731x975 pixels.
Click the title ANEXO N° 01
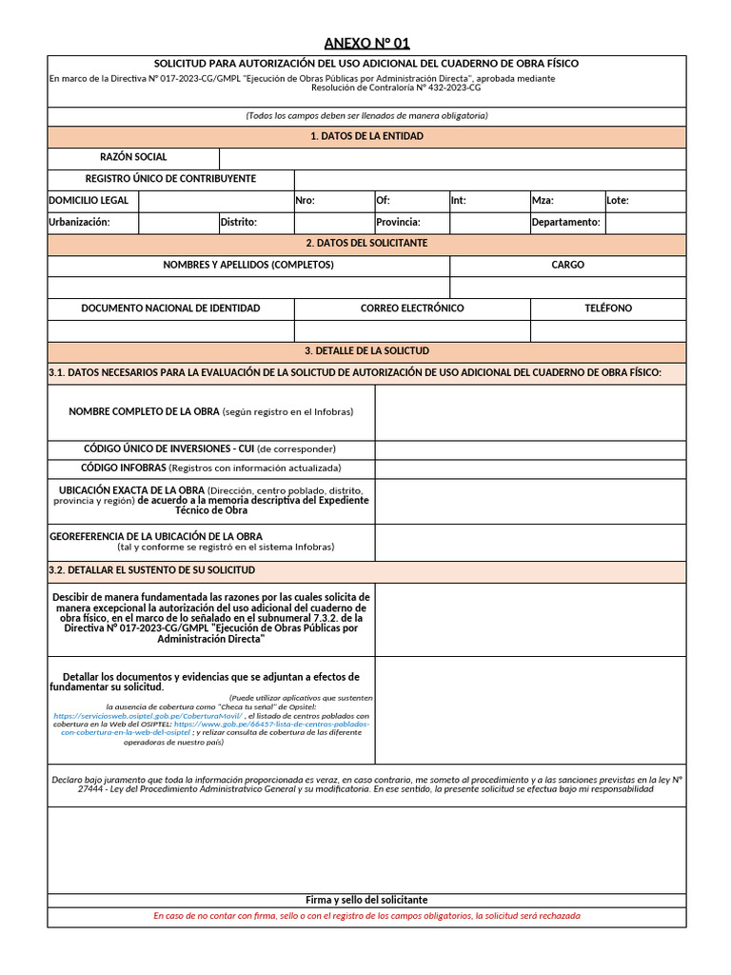point(366,43)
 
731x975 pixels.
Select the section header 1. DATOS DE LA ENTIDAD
point(366,136)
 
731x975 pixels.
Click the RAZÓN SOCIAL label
point(133,157)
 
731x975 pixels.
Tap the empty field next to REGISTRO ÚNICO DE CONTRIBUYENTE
point(489,179)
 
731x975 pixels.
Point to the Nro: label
point(306,201)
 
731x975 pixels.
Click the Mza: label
point(543,201)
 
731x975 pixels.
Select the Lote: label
point(618,201)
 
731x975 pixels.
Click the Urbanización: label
point(80,222)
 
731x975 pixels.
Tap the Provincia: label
point(398,222)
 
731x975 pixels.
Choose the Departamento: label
point(566,222)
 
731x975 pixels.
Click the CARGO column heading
point(567,265)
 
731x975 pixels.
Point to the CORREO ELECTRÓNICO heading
point(412,308)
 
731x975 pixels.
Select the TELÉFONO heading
point(607,308)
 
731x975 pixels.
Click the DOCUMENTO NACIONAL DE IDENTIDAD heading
point(170,308)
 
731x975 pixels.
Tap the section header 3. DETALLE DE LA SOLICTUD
point(366,351)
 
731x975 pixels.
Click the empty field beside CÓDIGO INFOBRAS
point(530,468)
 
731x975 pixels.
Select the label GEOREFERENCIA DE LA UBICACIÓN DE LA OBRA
point(156,537)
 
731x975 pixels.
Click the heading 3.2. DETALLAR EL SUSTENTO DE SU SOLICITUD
point(151,570)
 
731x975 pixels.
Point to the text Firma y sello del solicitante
point(366,900)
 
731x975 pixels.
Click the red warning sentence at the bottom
point(366,916)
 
